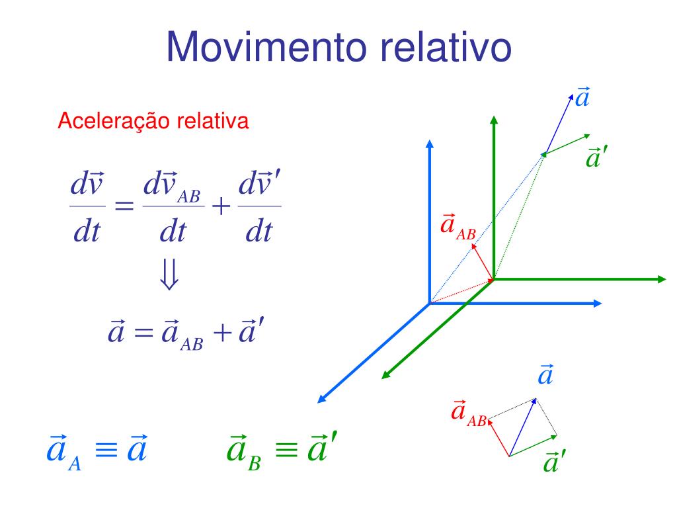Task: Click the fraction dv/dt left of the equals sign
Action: click(87, 207)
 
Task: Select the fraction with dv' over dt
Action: click(259, 207)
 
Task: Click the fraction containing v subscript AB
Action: click(173, 207)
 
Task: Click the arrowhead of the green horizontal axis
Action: click(662, 279)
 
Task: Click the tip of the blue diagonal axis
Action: click(321, 400)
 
